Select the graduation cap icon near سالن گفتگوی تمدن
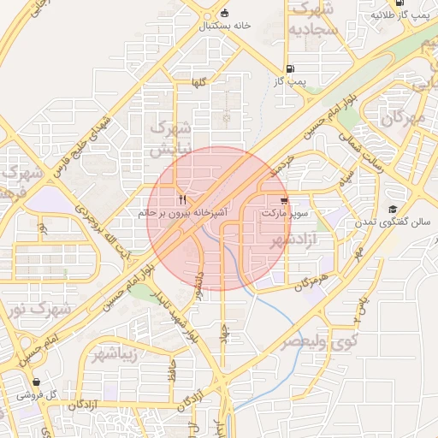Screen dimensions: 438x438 pos(393,210)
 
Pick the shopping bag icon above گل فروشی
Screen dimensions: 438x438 pos(36,382)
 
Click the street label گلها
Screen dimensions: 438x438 pos(200,82)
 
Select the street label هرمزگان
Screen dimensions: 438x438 pos(311,283)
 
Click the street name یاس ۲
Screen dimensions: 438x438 pos(360,311)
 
